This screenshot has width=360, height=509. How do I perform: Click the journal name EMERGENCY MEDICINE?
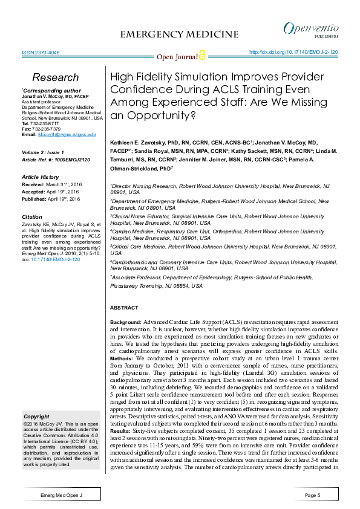(x=180, y=34)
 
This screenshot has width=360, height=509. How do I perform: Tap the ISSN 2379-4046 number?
(x=40, y=53)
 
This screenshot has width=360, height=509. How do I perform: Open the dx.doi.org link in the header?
(x=293, y=53)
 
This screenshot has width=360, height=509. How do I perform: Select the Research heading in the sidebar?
(x=55, y=77)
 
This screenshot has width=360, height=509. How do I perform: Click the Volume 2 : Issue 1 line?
(x=44, y=154)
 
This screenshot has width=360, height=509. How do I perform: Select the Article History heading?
(x=42, y=177)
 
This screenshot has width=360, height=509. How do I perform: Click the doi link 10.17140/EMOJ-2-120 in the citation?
(x=54, y=259)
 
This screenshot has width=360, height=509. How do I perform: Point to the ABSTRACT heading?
(x=124, y=308)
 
